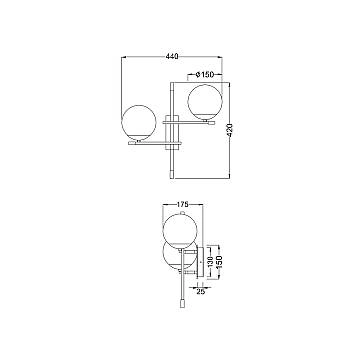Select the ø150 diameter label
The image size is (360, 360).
(x=204, y=74)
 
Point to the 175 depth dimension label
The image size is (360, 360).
(x=182, y=206)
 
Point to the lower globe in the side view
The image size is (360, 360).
(x=177, y=256)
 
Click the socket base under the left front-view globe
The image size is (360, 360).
(x=141, y=143)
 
